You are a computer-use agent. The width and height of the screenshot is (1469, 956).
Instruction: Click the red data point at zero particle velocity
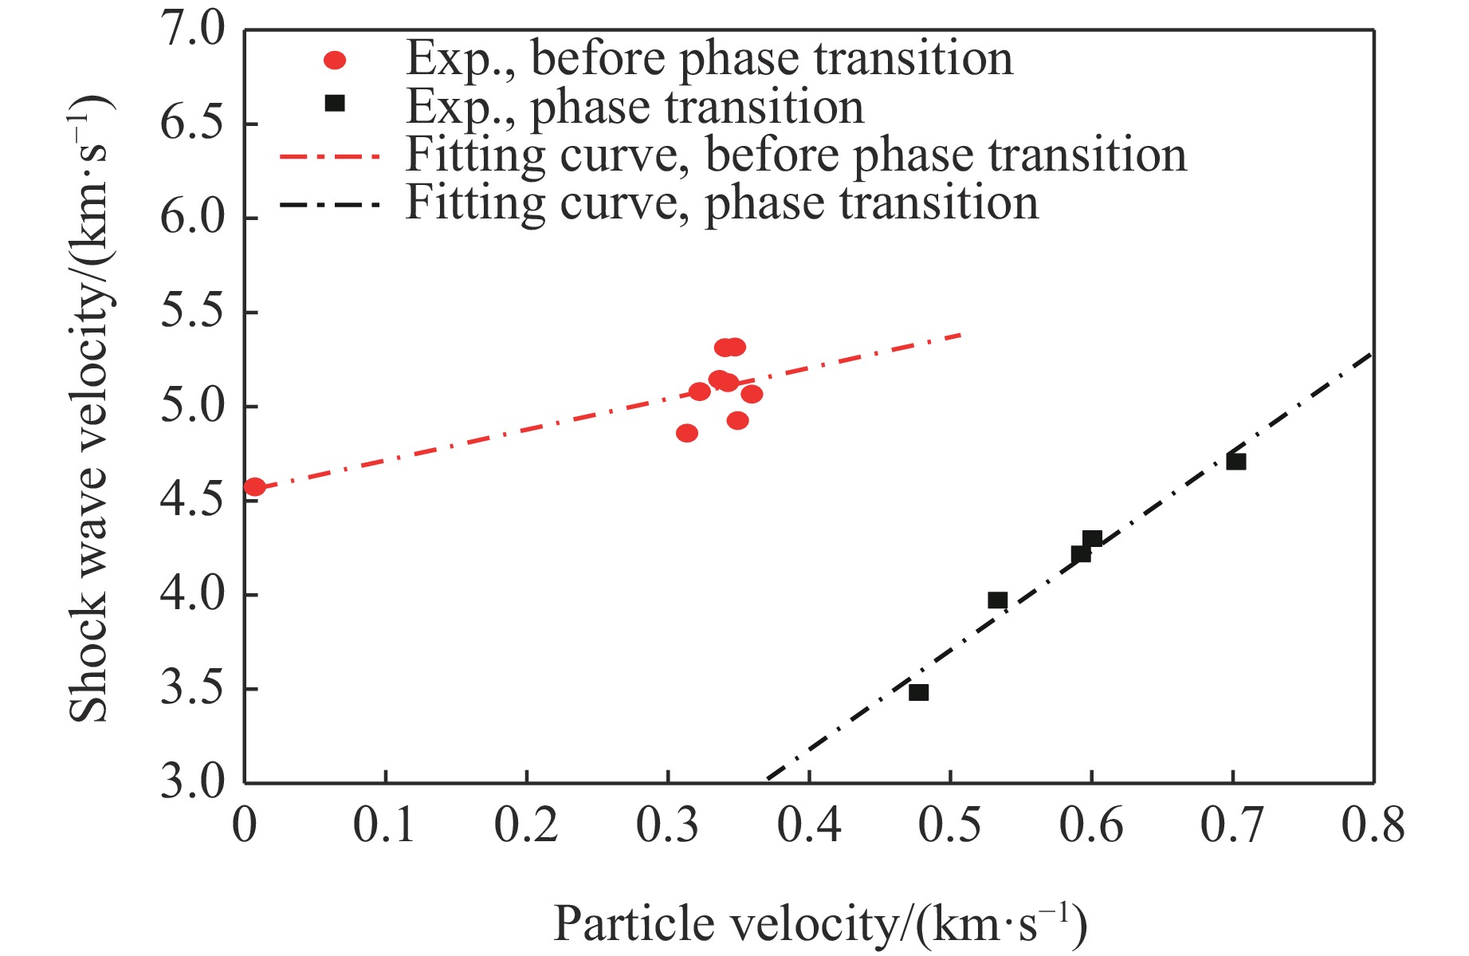tap(254, 486)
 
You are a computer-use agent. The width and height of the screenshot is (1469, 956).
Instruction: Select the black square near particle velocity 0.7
tap(1236, 462)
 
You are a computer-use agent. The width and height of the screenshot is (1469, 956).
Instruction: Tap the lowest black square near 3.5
tap(919, 692)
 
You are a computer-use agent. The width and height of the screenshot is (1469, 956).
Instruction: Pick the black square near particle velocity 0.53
tap(997, 600)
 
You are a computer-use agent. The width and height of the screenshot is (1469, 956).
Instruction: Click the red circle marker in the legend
tap(335, 61)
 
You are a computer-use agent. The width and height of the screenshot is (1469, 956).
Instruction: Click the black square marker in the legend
tap(336, 104)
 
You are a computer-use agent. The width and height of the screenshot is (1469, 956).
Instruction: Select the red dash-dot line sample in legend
tap(330, 156)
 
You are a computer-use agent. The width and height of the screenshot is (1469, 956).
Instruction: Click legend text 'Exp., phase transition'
tap(634, 107)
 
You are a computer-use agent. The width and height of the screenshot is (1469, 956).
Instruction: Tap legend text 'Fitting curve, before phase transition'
tap(795, 155)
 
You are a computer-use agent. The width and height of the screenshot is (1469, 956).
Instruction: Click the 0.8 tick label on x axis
tap(1373, 824)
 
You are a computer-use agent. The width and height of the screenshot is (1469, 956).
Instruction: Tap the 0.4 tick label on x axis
tap(808, 824)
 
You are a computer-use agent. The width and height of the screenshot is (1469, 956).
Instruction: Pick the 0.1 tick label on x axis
tap(385, 824)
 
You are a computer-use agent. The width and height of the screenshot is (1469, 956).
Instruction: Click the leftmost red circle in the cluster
tap(687, 433)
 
